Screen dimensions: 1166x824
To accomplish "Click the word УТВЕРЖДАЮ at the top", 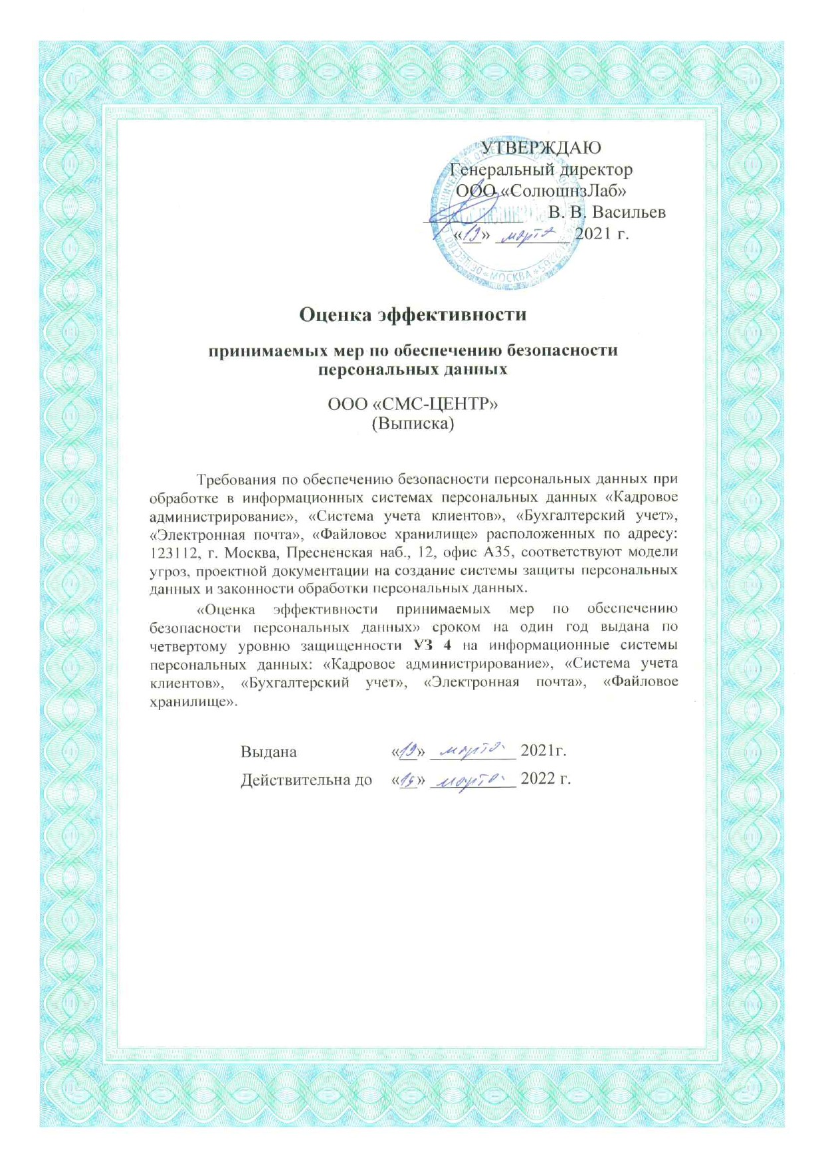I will (x=541, y=147).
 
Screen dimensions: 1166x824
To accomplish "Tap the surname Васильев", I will (x=628, y=212).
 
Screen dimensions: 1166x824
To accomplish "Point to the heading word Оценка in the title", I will (x=335, y=314).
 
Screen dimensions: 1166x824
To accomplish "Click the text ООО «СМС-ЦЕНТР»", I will (x=413, y=404).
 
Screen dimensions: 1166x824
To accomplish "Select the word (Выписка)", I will (x=413, y=423).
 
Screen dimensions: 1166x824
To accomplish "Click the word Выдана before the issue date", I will (x=268, y=751).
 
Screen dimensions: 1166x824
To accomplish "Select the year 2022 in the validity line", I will (x=538, y=778).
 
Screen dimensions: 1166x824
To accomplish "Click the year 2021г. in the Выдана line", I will (x=543, y=751).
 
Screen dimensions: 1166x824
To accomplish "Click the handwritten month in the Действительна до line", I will (x=472, y=778).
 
